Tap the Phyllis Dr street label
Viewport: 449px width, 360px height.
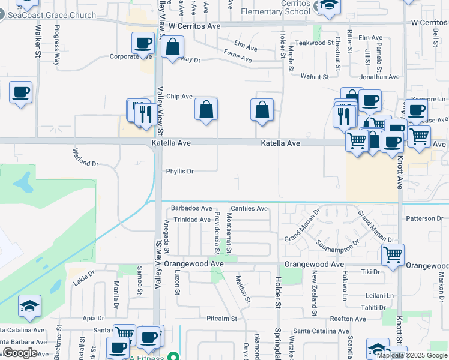click(x=179, y=172)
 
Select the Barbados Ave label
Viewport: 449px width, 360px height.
click(x=191, y=208)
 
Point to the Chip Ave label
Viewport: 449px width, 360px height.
click(x=179, y=97)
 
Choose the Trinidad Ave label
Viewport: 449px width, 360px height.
click(x=192, y=220)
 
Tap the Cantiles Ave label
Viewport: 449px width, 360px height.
click(x=249, y=209)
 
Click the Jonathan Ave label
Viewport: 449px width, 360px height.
click(x=379, y=77)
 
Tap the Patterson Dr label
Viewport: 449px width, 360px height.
click(x=424, y=219)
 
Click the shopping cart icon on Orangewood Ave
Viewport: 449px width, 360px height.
click(x=393, y=254)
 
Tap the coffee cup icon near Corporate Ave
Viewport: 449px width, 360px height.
click(x=143, y=43)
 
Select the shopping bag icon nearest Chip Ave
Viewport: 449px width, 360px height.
click(x=206, y=109)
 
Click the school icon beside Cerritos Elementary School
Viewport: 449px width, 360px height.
click(x=328, y=5)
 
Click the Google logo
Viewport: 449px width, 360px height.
click(x=20, y=353)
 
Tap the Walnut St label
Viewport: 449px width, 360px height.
click(x=315, y=77)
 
